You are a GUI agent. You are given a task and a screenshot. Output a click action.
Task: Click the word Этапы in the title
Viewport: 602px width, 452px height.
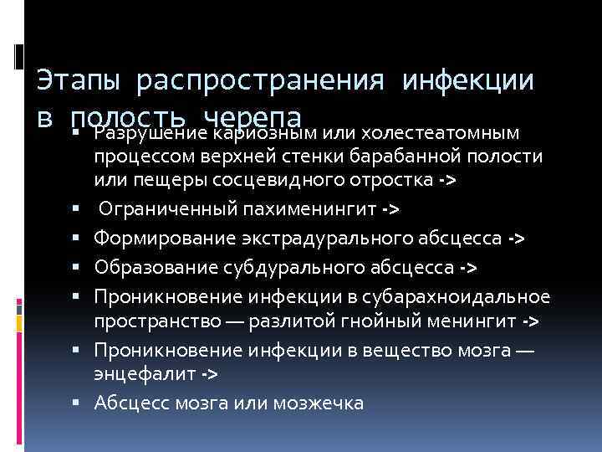(x=79, y=82)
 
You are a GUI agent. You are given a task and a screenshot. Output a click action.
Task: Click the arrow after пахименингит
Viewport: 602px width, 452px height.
(x=390, y=209)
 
